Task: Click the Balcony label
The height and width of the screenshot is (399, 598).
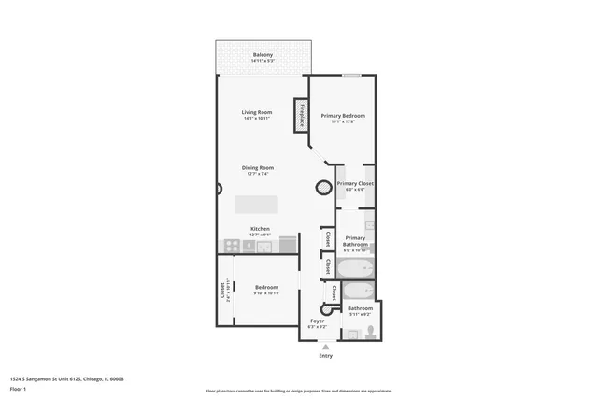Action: point(263,55)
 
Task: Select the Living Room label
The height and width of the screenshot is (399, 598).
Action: point(257,112)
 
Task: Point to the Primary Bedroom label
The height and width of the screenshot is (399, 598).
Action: point(343,115)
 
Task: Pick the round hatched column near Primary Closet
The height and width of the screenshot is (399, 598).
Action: point(322,186)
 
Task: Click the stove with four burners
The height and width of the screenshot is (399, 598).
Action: point(229,246)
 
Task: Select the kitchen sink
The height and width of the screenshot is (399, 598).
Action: point(263,246)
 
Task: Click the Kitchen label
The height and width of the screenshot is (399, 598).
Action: point(260,228)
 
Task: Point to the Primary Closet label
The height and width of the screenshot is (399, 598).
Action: point(355,184)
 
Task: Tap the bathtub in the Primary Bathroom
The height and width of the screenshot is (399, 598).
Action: point(355,268)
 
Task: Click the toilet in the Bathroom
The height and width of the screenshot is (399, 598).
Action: point(371,331)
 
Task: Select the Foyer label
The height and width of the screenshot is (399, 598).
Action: point(317,321)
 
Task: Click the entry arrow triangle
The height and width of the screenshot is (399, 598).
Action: point(325,346)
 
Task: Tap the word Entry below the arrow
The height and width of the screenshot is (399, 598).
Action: point(325,355)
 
